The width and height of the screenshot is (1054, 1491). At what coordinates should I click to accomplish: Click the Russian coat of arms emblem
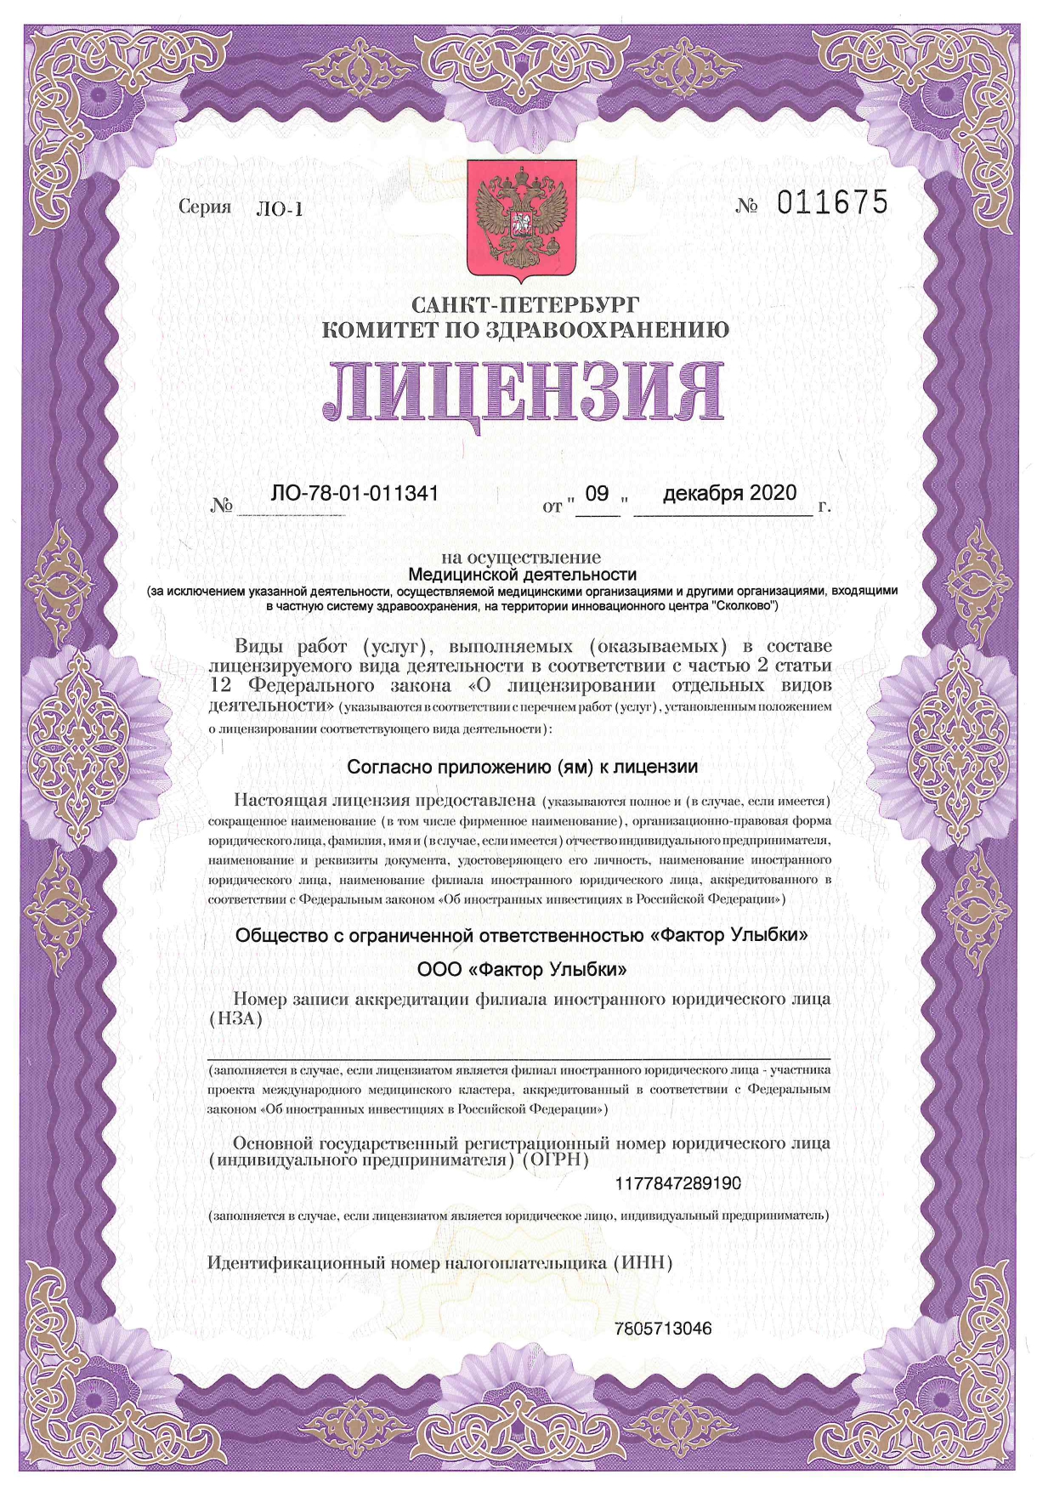(x=521, y=220)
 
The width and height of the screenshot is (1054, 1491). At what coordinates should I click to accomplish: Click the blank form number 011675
(x=832, y=203)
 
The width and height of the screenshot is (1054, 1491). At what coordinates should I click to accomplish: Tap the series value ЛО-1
(x=279, y=209)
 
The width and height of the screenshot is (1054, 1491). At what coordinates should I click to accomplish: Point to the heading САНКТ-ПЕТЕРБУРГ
(x=524, y=304)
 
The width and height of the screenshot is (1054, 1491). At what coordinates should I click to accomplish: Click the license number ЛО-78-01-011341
(x=354, y=493)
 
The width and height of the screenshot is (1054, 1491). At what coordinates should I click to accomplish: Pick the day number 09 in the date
(x=598, y=493)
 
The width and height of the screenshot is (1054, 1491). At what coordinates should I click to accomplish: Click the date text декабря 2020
(x=729, y=493)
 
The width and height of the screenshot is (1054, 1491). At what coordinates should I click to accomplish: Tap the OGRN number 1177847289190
(x=677, y=1182)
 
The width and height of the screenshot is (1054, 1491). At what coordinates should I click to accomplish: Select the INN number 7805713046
(x=663, y=1328)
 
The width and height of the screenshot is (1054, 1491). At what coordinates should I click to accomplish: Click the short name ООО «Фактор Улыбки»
(x=522, y=969)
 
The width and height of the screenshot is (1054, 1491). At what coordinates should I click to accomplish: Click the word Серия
(x=205, y=207)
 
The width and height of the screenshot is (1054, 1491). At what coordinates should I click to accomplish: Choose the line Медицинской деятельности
(x=522, y=575)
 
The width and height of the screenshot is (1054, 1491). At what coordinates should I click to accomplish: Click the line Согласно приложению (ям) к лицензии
(x=522, y=767)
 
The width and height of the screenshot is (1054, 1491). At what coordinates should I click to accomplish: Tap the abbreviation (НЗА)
(x=235, y=1018)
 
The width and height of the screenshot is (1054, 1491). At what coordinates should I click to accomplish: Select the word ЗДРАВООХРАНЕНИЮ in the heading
(x=607, y=330)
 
